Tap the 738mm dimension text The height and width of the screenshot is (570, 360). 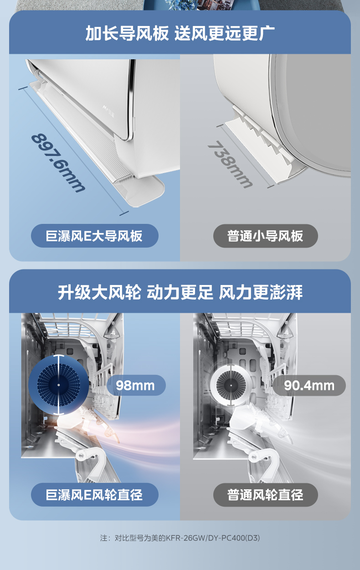coord(230,165)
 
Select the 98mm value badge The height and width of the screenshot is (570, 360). coord(135,385)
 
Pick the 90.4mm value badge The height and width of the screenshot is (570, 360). coord(309,385)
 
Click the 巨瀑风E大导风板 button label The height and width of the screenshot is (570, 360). coord(94,236)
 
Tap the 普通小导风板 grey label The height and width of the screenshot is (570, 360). coord(265,236)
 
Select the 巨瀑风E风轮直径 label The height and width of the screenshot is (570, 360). coord(94,495)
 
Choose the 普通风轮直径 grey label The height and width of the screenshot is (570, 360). coord(265,495)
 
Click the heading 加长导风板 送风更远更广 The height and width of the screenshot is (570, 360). coord(180,33)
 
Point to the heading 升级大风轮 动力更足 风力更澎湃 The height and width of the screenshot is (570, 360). coord(180,292)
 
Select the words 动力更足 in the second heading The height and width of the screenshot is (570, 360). coord(180,292)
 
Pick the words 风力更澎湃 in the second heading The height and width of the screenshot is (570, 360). coord(261,292)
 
